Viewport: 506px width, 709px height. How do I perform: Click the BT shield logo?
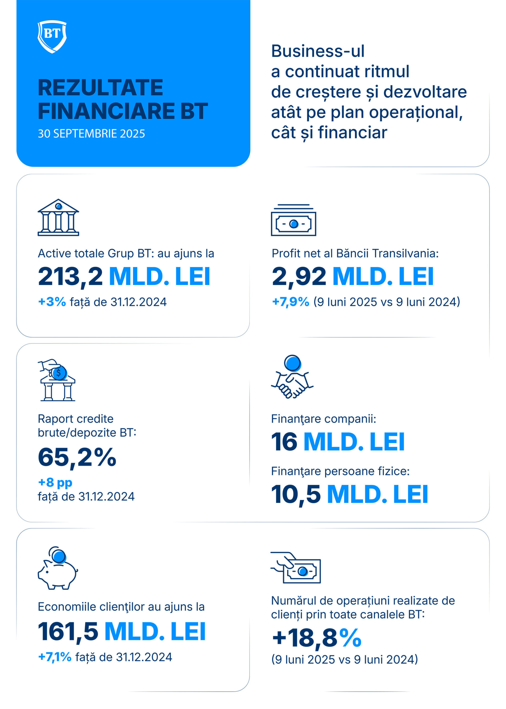coord(52,37)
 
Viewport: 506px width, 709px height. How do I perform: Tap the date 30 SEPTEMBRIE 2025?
coord(91,133)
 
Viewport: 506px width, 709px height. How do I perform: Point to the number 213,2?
coord(70,276)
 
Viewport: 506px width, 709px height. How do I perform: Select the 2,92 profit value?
coord(299,276)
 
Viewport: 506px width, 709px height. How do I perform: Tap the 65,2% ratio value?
coord(77,457)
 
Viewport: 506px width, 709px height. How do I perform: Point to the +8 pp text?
coord(55,482)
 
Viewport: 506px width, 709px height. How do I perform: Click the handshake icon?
coord(292,376)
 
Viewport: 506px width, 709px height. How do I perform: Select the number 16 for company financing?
coord(284,441)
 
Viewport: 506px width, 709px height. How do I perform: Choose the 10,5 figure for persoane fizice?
coord(296,494)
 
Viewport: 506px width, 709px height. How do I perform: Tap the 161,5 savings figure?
coord(68,631)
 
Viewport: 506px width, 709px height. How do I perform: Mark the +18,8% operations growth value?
coord(316,638)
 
